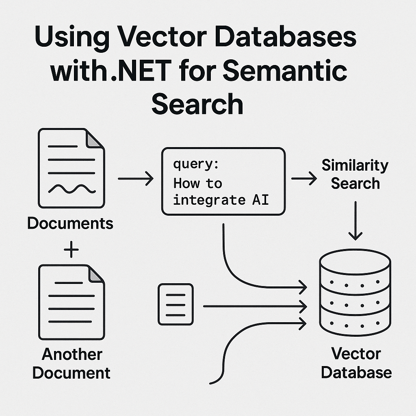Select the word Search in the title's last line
(197, 104)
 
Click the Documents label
(70, 223)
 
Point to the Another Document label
(71, 364)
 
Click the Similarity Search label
(355, 174)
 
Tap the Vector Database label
(356, 363)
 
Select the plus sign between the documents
(71, 249)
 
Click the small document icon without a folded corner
(175, 304)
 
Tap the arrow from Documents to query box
(135, 178)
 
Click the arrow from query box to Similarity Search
(304, 178)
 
